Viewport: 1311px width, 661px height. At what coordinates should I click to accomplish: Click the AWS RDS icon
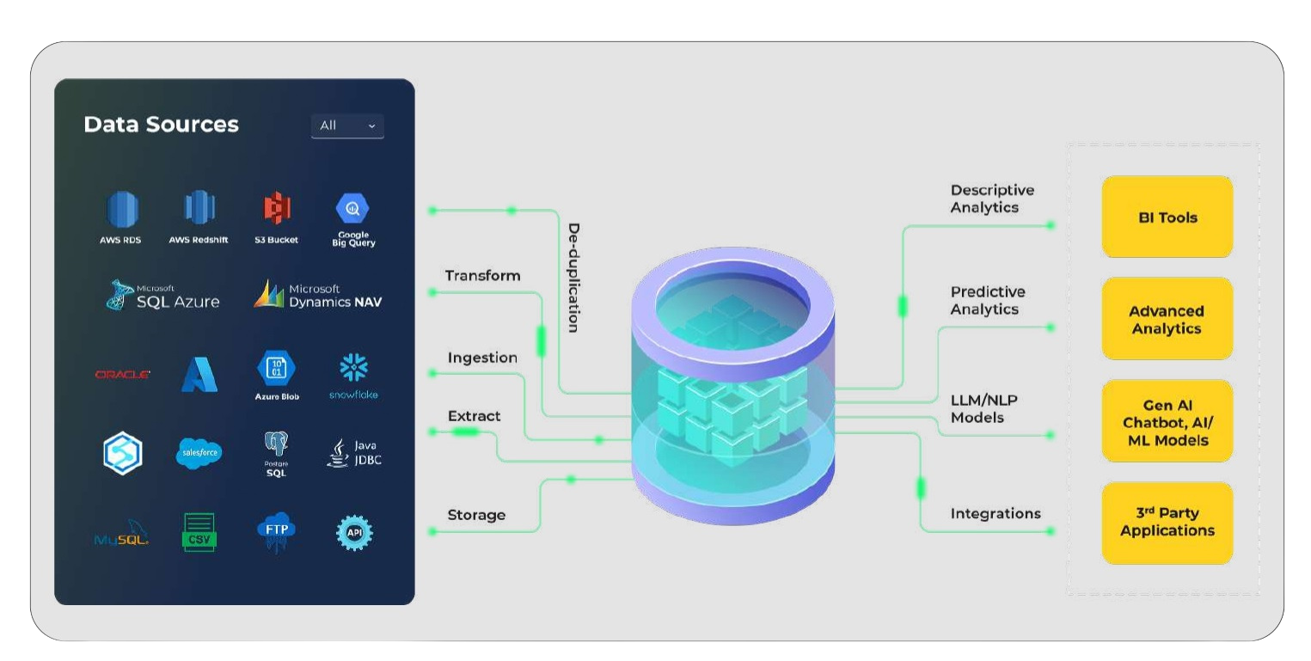coord(121,209)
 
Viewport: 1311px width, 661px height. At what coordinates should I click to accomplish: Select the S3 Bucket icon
coord(276,208)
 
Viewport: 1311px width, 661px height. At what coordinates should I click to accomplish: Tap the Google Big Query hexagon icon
coord(352,208)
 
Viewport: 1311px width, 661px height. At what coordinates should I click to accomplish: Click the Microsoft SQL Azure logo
coord(162,295)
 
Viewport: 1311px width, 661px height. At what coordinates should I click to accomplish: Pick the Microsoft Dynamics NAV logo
coord(317,295)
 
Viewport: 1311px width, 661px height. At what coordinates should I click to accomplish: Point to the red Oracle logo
coord(123,375)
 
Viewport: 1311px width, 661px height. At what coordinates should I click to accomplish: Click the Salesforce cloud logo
coord(199,452)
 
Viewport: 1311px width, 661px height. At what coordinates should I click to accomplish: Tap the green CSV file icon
coord(199,532)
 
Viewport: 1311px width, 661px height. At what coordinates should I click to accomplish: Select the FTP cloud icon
coord(276,531)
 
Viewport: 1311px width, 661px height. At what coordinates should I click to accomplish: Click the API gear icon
coord(354,533)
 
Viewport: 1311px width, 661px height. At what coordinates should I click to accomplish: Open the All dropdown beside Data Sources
coord(347,125)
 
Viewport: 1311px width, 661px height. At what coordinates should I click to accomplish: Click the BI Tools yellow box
coord(1167,217)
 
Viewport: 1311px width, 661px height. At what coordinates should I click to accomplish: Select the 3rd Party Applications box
coord(1167,523)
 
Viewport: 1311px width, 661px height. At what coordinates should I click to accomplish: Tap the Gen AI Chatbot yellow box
coord(1167,422)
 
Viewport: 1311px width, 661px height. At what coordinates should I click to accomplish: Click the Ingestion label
coord(482,358)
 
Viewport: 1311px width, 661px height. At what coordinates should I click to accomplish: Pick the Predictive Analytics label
coord(987,301)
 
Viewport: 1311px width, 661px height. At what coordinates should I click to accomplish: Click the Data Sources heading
coord(161,125)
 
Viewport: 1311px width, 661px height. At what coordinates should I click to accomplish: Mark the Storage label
coord(476,515)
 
